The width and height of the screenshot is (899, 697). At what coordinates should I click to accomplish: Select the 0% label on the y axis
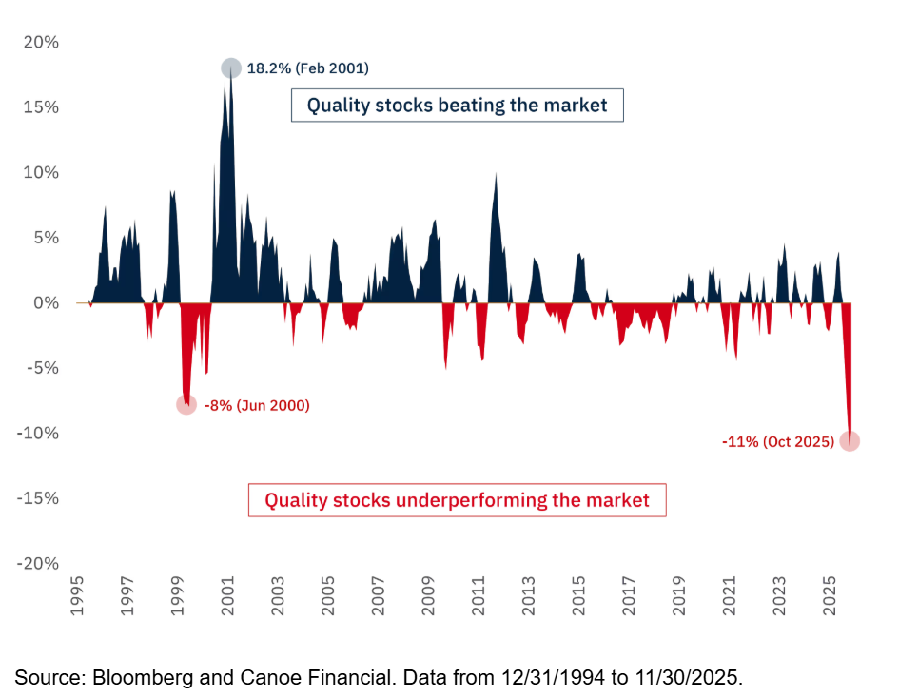tap(45, 302)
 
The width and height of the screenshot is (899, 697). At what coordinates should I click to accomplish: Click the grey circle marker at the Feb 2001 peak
tap(231, 68)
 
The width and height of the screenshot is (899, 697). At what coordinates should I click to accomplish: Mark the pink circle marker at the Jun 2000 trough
tap(186, 404)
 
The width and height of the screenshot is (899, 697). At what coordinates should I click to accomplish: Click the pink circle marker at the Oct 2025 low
tap(850, 440)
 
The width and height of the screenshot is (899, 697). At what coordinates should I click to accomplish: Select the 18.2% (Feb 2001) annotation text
tap(307, 68)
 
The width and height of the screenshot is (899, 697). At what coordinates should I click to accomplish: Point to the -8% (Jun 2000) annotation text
tap(257, 405)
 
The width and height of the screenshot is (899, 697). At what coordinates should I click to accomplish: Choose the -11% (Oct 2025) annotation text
tap(777, 441)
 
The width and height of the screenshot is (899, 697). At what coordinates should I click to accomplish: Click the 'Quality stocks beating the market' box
tap(457, 105)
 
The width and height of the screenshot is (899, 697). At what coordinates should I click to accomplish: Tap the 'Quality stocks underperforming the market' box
tap(457, 500)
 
